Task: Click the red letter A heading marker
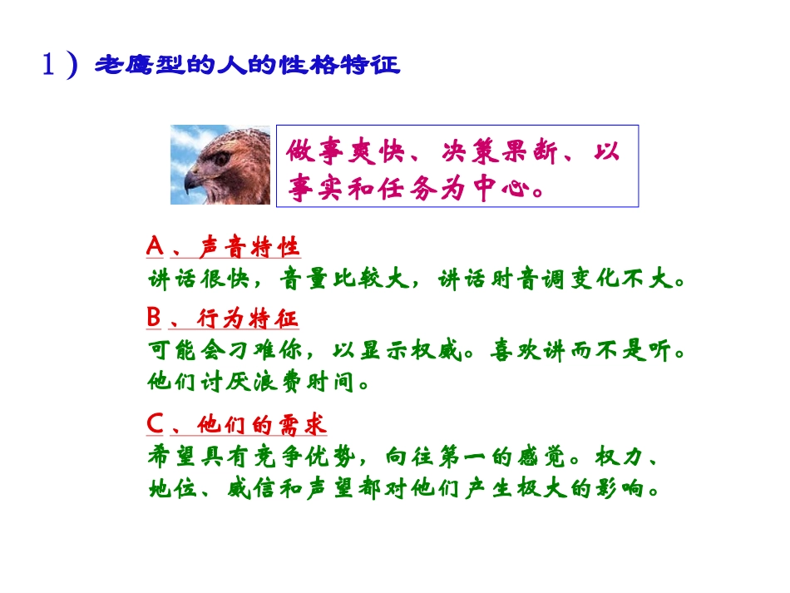155,247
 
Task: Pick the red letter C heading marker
155,424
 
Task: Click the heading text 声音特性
249,248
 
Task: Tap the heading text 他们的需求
262,425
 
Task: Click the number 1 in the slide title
49,64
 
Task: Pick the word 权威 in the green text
442,348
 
